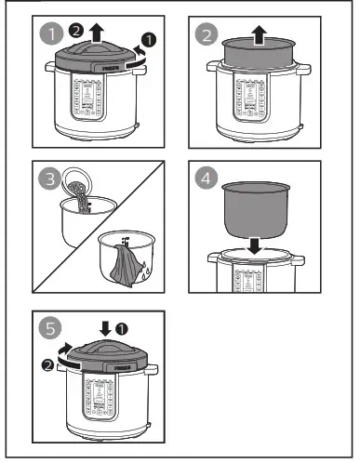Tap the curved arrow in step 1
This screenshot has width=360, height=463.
coord(137,54)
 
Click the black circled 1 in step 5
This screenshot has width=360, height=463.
coord(122,328)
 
